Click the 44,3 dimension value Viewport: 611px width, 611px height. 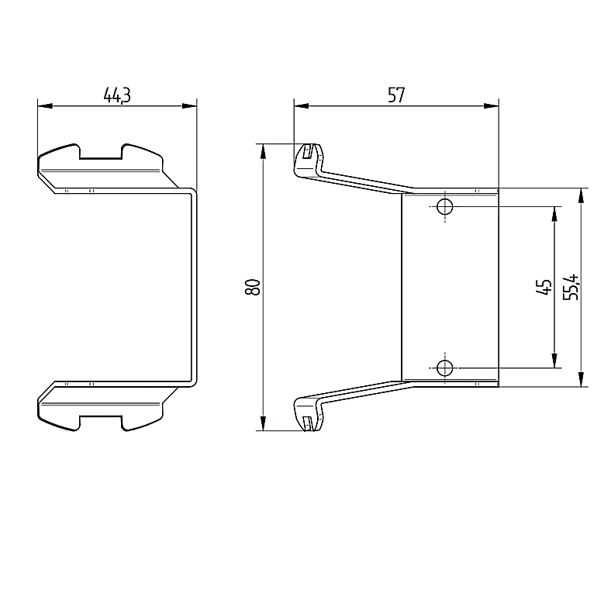(117, 95)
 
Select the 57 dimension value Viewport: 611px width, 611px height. (396, 95)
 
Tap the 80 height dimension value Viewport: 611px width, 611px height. (253, 287)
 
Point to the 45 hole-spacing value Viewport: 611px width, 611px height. (544, 287)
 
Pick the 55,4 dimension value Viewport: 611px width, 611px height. (571, 287)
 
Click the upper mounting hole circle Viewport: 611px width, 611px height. (444, 206)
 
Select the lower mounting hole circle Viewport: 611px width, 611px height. (444, 368)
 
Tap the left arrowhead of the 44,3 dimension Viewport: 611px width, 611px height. (45, 106)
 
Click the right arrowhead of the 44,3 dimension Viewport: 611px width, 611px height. (189, 106)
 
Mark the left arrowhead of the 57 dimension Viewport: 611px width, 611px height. (301, 106)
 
